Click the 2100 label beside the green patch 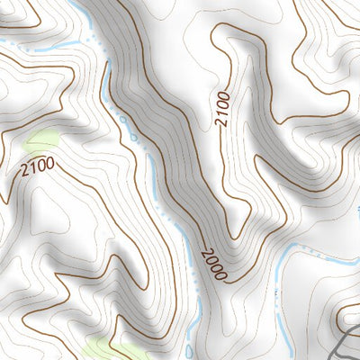click(x=35, y=165)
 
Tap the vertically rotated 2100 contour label click(x=221, y=109)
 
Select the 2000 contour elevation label click(x=213, y=262)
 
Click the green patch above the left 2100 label click(x=41, y=139)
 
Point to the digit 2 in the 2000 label click(x=206, y=253)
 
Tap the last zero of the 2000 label click(x=220, y=272)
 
